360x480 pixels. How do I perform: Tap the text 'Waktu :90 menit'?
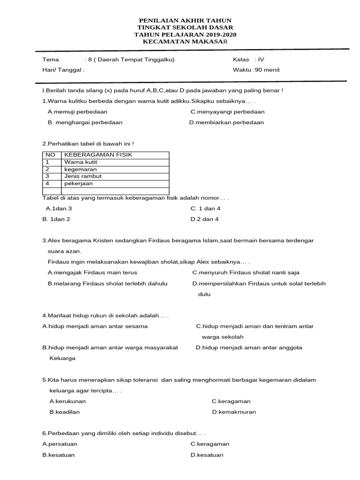(x=256, y=70)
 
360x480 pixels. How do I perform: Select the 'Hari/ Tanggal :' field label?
(x=63, y=70)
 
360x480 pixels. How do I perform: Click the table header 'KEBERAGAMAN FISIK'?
(x=98, y=155)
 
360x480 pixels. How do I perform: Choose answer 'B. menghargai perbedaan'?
(x=85, y=122)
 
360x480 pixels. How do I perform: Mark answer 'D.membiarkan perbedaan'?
(x=226, y=122)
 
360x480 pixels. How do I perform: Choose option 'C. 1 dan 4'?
(x=205, y=208)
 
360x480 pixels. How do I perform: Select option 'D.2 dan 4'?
(x=204, y=219)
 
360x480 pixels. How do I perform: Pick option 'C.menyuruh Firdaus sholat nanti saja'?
(x=246, y=272)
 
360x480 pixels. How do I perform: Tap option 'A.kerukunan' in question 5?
(x=67, y=401)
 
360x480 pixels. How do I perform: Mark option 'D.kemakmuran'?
(x=234, y=412)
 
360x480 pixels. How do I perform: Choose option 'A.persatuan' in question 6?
(x=60, y=444)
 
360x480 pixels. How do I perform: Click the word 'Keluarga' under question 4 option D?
(x=62, y=358)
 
